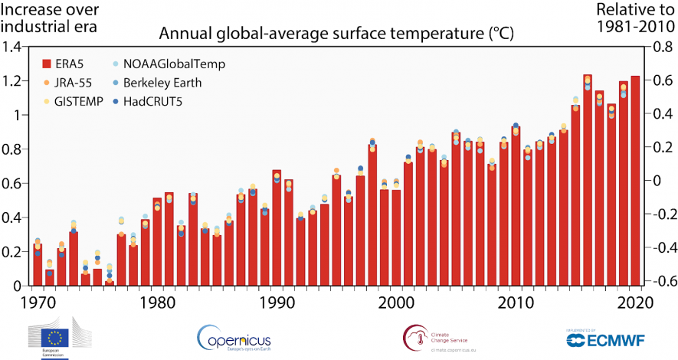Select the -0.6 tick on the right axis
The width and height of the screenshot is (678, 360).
coord(660,281)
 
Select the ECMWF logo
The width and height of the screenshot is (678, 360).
coord(598,339)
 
